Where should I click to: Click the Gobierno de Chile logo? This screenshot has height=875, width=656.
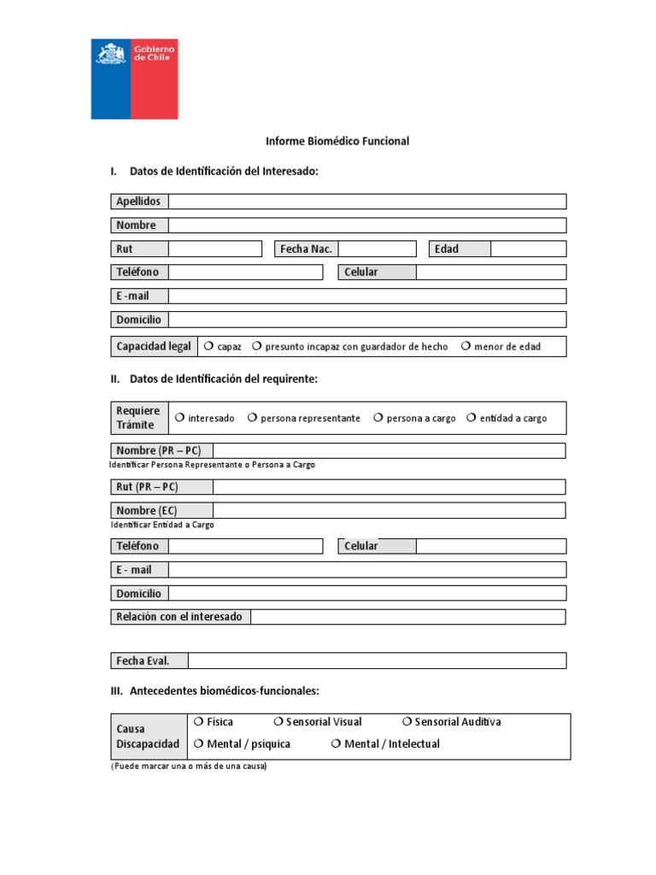click(134, 79)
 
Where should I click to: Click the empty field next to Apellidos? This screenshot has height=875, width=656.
click(367, 202)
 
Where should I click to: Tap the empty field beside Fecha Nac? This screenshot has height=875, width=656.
click(377, 249)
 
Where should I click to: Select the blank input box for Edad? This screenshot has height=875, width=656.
click(528, 249)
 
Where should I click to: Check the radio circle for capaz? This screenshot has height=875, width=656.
click(209, 347)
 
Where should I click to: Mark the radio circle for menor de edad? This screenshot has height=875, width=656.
click(466, 347)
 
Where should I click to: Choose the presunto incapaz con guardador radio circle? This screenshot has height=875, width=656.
click(257, 347)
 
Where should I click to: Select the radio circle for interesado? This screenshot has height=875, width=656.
click(180, 418)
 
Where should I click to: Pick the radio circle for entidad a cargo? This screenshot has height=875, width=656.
click(471, 418)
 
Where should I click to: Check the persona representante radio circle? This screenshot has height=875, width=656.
click(253, 418)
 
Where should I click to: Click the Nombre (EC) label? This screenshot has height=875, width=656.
click(147, 510)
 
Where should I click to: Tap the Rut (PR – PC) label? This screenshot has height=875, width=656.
click(147, 487)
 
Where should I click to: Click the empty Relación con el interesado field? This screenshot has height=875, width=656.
click(407, 617)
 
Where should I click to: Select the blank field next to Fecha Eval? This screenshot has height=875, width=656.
click(377, 661)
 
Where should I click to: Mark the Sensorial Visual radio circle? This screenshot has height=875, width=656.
click(278, 722)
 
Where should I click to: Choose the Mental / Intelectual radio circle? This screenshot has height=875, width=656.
click(337, 744)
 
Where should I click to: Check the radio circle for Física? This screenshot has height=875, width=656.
click(198, 722)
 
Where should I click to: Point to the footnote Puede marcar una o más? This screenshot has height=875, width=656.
click(189, 766)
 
